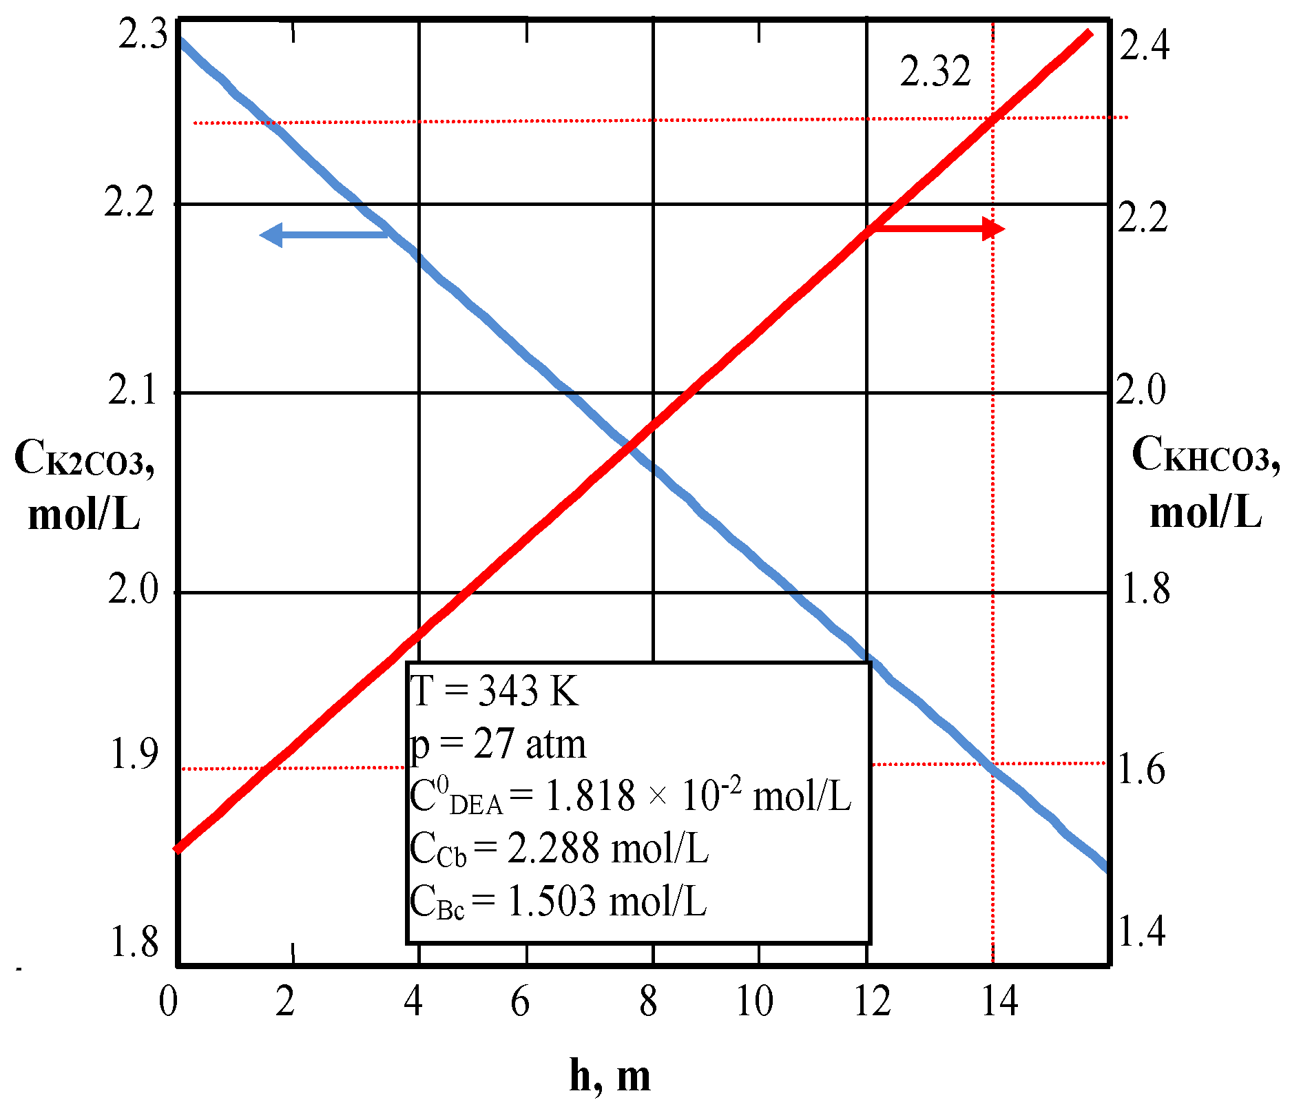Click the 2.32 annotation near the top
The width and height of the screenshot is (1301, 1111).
(x=935, y=72)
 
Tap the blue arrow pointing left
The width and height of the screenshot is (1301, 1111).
(x=324, y=235)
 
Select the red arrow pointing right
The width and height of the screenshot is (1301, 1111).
(x=937, y=229)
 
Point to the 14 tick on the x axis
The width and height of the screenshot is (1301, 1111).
(x=999, y=1001)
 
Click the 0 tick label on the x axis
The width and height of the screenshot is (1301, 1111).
(x=168, y=1001)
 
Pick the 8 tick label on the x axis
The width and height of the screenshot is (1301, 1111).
(x=648, y=1001)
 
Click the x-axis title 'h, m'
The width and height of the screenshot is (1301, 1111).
(x=610, y=1075)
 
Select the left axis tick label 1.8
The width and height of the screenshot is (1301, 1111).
(x=134, y=942)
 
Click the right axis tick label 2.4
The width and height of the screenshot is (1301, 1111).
(x=1144, y=47)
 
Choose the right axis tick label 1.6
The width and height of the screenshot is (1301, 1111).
(x=1141, y=769)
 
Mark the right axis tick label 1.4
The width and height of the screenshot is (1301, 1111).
(x=1141, y=931)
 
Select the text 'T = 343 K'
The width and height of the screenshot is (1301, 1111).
(x=495, y=691)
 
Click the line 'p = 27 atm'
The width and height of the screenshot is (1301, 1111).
(x=498, y=745)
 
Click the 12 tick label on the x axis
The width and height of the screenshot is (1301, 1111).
(x=873, y=1001)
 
